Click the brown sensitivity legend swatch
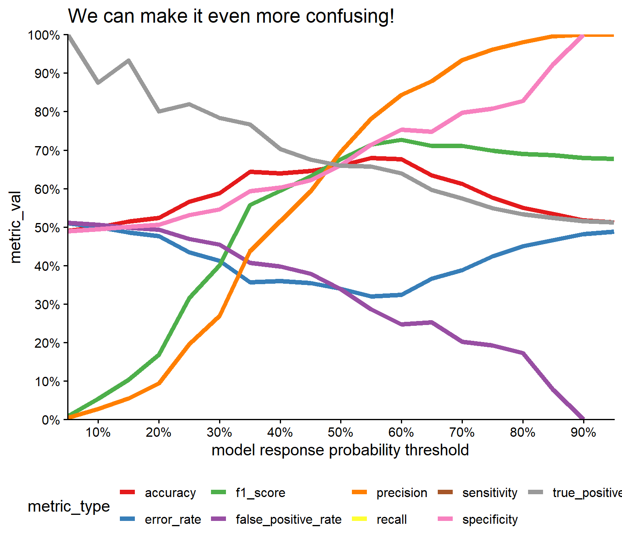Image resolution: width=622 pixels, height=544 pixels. pos(445,493)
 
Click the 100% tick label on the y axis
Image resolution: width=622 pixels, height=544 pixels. pos(44,35)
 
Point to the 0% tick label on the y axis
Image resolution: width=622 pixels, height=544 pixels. pos(51,420)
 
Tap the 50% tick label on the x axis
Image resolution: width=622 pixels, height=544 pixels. pos(341,433)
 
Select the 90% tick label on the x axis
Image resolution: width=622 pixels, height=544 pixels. pos(583,433)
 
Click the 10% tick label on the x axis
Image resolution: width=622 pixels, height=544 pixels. pos(98,433)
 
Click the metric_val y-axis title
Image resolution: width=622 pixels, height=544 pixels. pos(15,227)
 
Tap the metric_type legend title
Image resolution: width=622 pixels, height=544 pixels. pos(69,506)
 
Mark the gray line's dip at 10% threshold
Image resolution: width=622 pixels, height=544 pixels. pos(98,83)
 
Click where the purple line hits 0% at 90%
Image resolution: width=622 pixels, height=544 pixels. pos(583,419)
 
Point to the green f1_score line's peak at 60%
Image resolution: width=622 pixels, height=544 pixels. pos(401,140)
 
